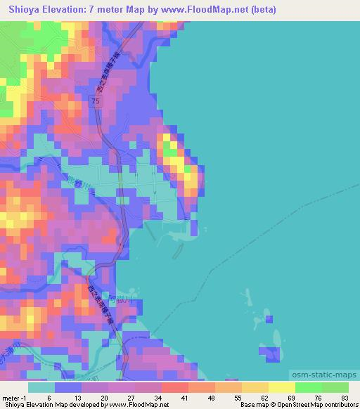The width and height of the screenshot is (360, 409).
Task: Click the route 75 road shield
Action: click(96, 102)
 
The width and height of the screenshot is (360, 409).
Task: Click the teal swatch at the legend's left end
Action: click(41, 387)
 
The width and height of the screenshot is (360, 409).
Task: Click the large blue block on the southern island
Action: click(272, 354)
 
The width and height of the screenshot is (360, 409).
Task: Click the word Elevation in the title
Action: click(65, 9)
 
